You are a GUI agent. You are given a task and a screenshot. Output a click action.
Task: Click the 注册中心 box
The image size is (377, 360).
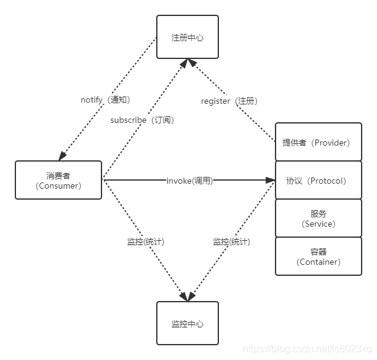[187, 37]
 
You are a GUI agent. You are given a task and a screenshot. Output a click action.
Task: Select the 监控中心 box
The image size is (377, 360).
[187, 323]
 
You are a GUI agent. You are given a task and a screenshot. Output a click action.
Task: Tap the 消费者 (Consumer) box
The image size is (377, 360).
[58, 180]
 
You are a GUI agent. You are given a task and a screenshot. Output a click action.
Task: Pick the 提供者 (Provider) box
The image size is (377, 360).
[318, 143]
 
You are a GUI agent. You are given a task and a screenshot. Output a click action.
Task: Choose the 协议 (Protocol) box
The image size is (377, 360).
[318, 181]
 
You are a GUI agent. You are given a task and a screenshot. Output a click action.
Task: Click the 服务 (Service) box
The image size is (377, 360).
[318, 218]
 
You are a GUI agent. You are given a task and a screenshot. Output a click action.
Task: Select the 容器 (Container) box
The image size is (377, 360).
[318, 256]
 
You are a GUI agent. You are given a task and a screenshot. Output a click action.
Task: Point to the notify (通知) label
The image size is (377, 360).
[105, 100]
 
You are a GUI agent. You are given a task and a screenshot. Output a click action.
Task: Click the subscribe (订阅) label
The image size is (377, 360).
[142, 120]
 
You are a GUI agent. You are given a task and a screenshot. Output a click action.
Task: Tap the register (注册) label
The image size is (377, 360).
[229, 101]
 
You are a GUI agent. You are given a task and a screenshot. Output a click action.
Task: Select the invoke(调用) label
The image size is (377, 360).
[189, 181]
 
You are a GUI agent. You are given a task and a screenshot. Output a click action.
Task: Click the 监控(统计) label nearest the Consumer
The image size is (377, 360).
[145, 241]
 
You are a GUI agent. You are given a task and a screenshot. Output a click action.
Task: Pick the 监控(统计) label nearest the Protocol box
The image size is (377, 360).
[231, 241]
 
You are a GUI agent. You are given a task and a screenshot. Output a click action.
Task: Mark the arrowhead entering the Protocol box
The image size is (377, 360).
[271, 181]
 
